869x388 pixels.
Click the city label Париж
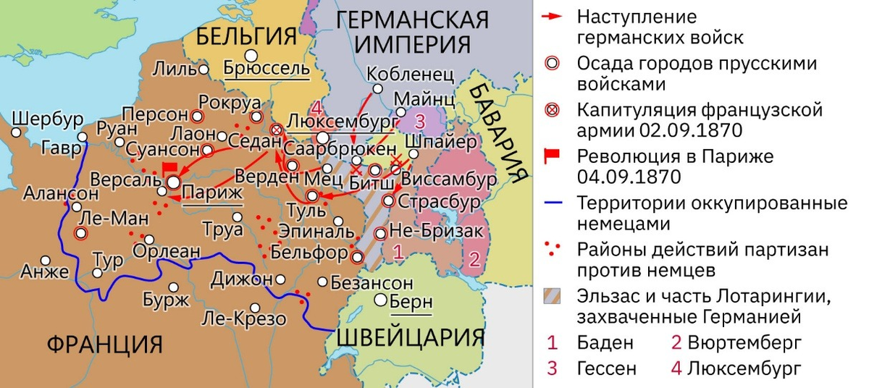tap(212, 192)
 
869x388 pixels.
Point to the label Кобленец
tap(410, 74)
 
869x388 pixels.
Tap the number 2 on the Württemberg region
tap(474, 258)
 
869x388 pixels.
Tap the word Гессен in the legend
tap(607, 368)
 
